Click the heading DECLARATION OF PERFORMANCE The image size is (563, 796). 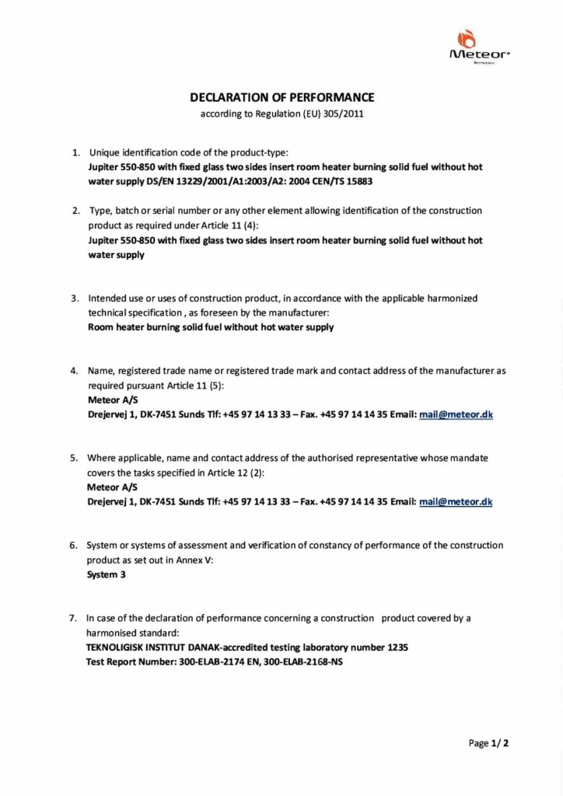tap(282, 98)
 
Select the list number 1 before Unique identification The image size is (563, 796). tap(75, 152)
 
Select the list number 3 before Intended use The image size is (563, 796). tap(75, 298)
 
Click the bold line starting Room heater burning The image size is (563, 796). tap(212, 327)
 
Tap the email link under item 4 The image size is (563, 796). tap(456, 415)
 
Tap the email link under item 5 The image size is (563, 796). tap(456, 502)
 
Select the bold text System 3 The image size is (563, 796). tap(106, 575)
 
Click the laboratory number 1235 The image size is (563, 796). tap(398, 647)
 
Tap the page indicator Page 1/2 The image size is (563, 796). tap(489, 743)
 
